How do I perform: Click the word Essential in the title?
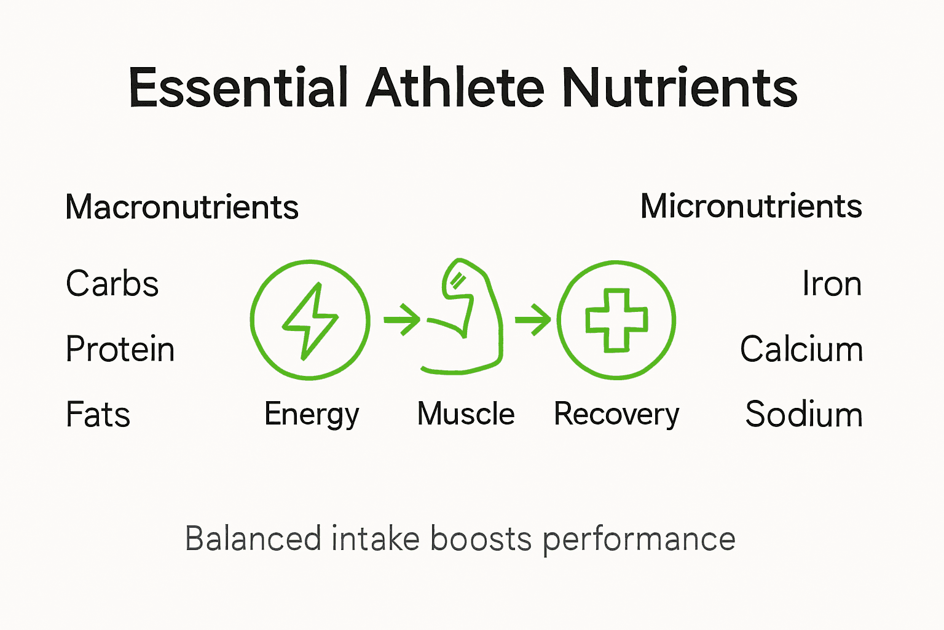click(x=238, y=88)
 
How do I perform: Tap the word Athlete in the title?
click(x=455, y=88)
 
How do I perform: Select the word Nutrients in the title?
click(x=680, y=88)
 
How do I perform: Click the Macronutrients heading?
click(x=182, y=207)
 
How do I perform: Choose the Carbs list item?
click(x=112, y=284)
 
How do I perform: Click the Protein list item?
click(x=120, y=349)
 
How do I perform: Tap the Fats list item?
click(x=98, y=414)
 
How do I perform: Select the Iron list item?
click(x=832, y=284)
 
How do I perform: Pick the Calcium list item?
click(x=801, y=349)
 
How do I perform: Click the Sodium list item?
click(x=804, y=414)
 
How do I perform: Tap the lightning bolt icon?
click(x=310, y=320)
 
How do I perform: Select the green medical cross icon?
click(x=616, y=320)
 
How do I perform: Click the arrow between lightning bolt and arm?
click(x=402, y=319)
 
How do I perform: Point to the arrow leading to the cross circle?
click(x=533, y=319)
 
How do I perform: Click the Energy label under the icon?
click(x=312, y=414)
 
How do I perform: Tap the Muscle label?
click(x=466, y=413)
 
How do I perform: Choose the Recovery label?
click(x=616, y=414)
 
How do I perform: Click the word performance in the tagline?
click(x=639, y=539)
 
